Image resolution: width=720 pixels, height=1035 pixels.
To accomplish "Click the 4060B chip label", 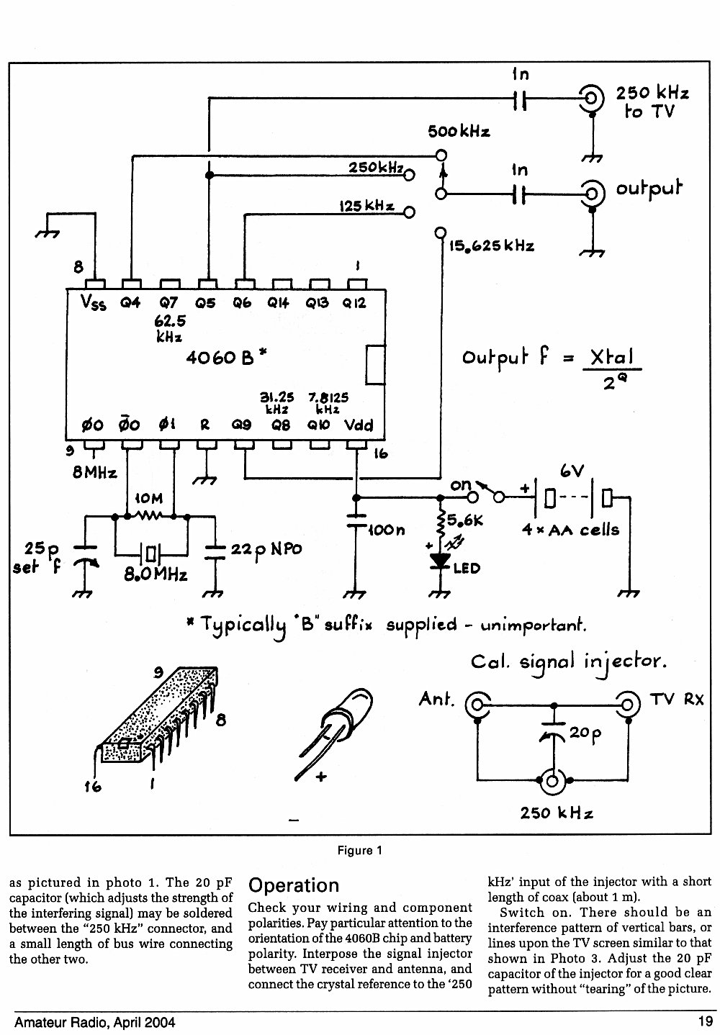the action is coord(226,357).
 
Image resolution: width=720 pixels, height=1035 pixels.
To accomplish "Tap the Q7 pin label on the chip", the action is coord(168,302).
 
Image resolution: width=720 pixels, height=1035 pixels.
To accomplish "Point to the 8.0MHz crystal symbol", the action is coord(150,553).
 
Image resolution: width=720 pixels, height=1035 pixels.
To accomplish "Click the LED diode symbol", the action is coord(441,561).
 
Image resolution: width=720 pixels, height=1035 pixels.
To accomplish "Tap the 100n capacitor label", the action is coord(387,530).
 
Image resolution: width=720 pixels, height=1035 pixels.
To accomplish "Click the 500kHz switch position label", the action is coord(459,132).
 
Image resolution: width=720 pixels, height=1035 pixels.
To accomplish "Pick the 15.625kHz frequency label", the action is coord(492,246).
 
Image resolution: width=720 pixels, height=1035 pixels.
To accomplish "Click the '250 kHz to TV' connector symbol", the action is coord(592,98).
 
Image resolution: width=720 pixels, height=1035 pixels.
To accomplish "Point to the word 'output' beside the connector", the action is coord(649,189).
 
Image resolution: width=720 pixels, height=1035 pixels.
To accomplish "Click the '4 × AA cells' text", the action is coord(570,530).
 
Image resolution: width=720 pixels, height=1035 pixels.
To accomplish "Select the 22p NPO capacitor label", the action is coord(266,549).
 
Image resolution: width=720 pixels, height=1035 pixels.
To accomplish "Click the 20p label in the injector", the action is coord(585,733).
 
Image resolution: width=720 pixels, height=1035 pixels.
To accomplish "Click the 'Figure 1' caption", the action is coord(359,851).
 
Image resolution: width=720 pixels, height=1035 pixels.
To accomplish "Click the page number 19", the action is coord(705,1021).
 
